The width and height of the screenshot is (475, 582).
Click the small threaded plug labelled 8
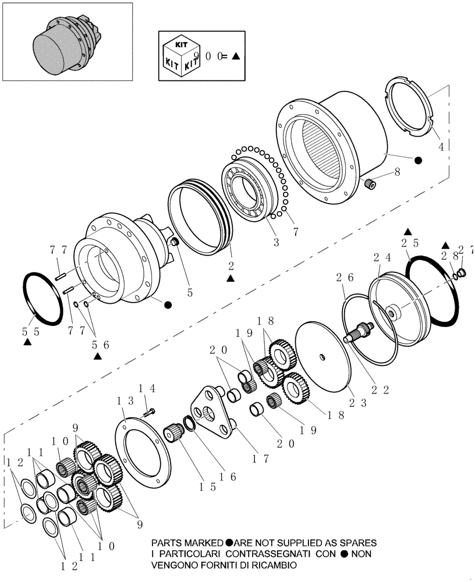(368, 185)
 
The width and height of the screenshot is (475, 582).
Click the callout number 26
(343, 278)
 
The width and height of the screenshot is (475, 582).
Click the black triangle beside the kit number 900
(235, 56)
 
